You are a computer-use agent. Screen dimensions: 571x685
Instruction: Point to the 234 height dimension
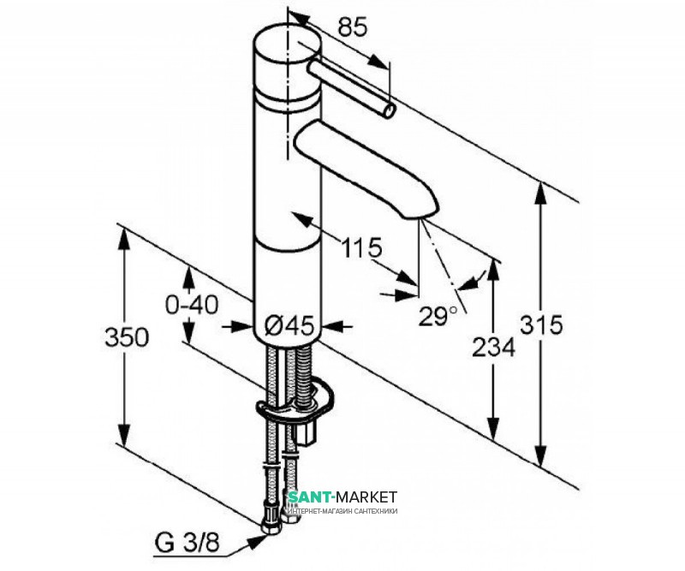point(495,347)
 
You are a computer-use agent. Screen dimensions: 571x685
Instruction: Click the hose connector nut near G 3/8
point(267,518)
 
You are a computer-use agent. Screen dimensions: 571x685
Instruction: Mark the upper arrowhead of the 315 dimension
point(540,192)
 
